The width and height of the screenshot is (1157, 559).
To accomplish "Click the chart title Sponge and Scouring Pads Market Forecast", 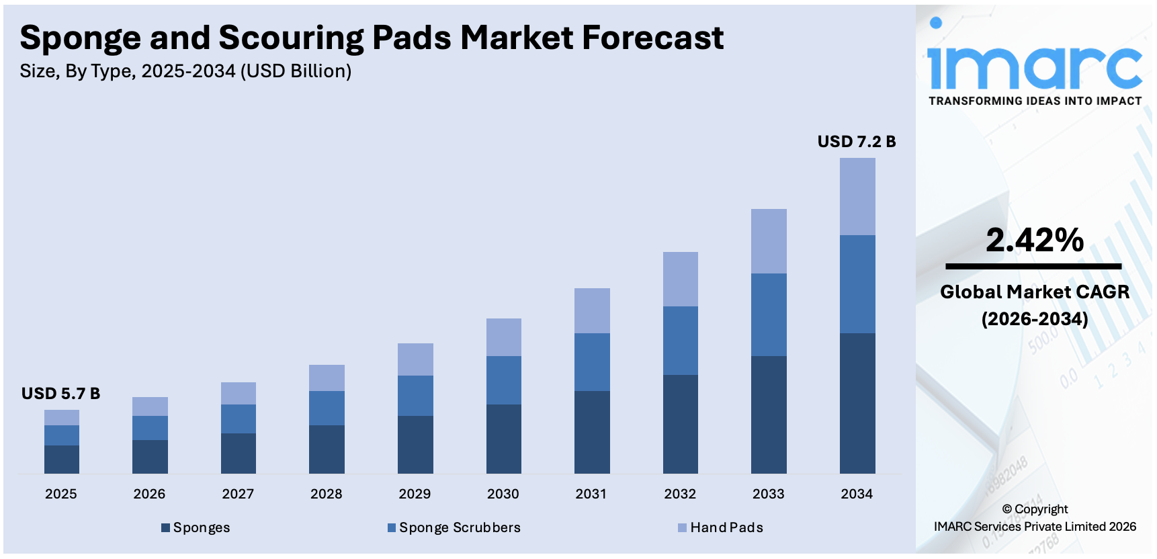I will click(372, 38).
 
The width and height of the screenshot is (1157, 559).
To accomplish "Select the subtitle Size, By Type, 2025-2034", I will click(185, 71).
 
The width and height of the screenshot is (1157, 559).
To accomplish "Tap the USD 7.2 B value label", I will click(856, 142).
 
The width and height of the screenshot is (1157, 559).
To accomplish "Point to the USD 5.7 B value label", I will click(60, 394).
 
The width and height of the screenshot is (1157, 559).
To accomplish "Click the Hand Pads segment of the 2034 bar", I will click(857, 196).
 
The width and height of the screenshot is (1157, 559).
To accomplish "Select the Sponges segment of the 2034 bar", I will click(857, 403).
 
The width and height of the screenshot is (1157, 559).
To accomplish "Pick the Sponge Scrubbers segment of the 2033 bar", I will click(769, 314).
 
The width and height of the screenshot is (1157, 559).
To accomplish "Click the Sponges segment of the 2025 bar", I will click(62, 460).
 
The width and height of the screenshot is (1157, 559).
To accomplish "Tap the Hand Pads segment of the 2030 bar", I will click(503, 337).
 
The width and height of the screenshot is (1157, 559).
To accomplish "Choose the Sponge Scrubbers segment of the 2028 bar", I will click(327, 408).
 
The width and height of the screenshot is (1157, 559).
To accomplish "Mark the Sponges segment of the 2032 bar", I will click(680, 424).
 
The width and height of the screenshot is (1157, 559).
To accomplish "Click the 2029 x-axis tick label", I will click(415, 494).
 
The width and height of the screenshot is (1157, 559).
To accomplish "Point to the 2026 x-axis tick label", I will click(149, 494).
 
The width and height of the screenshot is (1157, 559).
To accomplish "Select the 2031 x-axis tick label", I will click(591, 494).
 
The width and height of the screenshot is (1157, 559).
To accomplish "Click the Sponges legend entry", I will click(196, 527).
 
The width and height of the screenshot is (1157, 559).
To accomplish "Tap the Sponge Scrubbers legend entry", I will click(454, 527).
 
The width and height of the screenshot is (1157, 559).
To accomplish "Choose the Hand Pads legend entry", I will click(720, 527).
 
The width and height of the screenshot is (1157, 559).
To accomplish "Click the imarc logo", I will click(1034, 64).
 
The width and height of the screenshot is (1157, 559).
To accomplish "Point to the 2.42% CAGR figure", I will click(1035, 240).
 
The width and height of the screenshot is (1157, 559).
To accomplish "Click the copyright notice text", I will click(1035, 518).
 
